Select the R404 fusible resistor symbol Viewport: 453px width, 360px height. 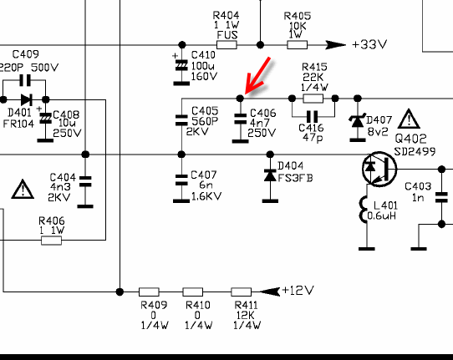click(226, 45)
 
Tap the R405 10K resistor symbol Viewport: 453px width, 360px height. click(298, 45)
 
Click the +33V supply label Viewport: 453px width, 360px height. click(369, 45)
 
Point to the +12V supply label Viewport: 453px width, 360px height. click(298, 290)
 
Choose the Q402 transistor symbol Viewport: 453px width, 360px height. click(379, 169)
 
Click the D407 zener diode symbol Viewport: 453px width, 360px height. click(358, 121)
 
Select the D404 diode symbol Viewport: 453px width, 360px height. click(270, 175)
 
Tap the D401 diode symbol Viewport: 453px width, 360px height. click(27, 100)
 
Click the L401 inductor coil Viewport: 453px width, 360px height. click(364, 210)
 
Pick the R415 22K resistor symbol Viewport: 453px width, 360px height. click(313, 99)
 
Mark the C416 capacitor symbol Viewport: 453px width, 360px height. click(312, 117)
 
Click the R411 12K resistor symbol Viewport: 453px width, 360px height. click(242, 292)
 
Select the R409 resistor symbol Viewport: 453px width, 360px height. click(149, 292)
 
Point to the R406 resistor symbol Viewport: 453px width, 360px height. click(52, 241)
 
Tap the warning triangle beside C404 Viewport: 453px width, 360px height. click(23, 190)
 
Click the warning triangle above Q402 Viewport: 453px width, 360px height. click(409, 119)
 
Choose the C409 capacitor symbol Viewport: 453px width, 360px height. click(25, 80)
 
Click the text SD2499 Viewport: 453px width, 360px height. click(415, 151)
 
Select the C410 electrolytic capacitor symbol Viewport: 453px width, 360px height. click(181, 66)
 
